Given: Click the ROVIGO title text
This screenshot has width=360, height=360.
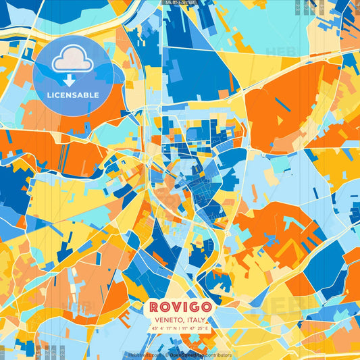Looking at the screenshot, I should click(x=180, y=308).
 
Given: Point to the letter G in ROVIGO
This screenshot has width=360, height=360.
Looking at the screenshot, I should click(x=195, y=308).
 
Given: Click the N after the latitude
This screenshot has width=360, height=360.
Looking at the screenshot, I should click(x=176, y=328).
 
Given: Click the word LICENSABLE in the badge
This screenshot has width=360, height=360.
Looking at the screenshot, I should click(x=73, y=95).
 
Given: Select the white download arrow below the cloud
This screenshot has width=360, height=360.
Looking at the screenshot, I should click(x=70, y=79).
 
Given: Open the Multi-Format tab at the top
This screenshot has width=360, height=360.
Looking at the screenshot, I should click(x=180, y=3).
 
